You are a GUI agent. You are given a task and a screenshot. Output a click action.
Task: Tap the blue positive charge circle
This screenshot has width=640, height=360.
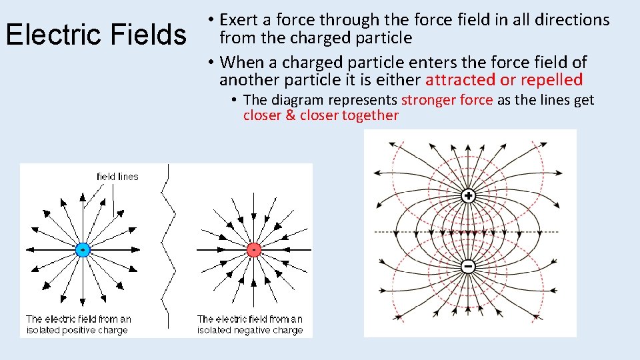click(x=82, y=250)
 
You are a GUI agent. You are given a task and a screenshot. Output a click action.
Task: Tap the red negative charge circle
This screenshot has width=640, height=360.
click(x=253, y=250)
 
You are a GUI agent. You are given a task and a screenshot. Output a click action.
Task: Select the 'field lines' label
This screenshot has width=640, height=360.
click(x=117, y=177)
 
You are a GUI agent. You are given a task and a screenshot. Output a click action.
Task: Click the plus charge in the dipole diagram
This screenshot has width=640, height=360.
click(x=468, y=196)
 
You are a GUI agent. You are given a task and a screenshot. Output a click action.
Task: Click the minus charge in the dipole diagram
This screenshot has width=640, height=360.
click(x=468, y=266)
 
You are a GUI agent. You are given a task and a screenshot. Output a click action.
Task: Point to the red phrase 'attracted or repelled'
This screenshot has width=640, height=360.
click(x=504, y=81)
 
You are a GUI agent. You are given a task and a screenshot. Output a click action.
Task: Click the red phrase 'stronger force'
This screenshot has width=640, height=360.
click(x=447, y=100)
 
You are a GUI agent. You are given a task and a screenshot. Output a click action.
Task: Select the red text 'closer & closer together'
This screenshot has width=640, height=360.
click(x=321, y=115)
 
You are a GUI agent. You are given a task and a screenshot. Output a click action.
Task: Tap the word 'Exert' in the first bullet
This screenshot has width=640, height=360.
click(x=242, y=21)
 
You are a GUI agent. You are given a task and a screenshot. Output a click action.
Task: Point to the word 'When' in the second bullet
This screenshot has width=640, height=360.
click(x=241, y=63)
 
